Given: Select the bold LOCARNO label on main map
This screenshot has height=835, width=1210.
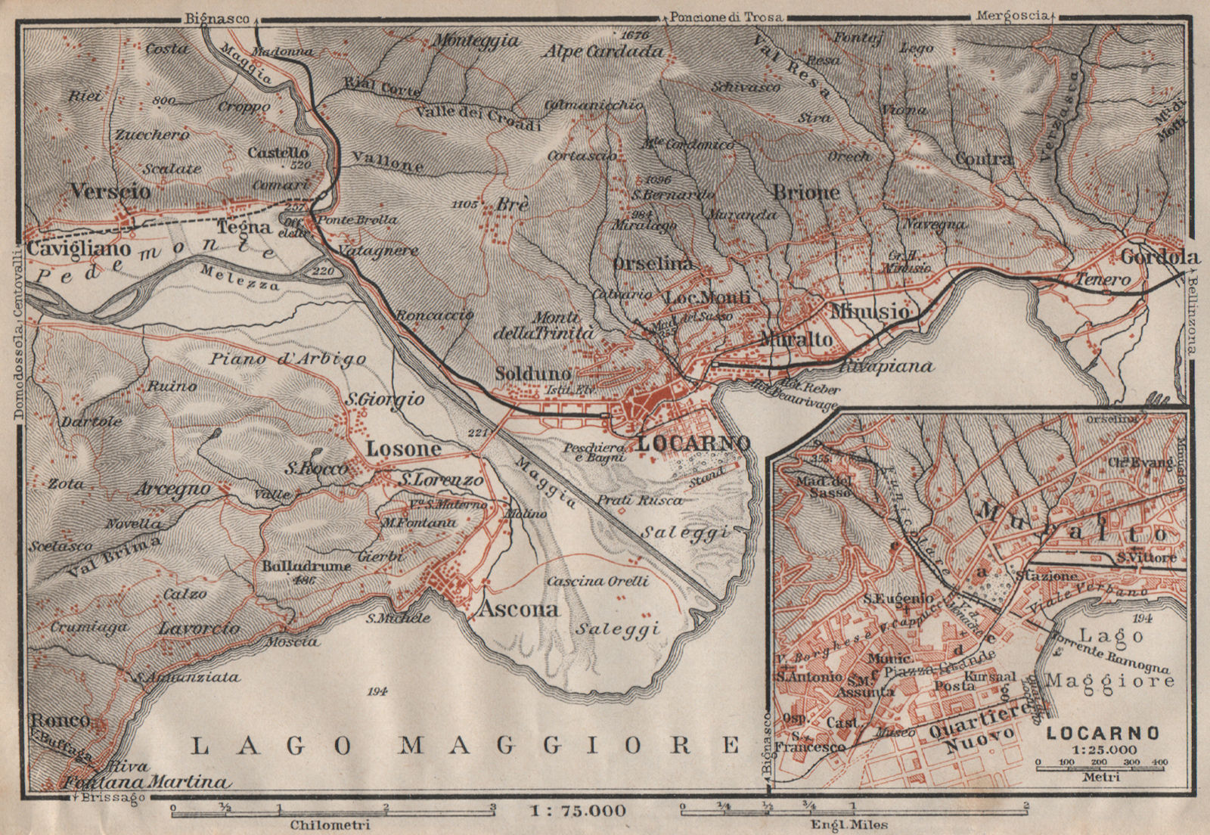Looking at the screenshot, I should pos(693,443).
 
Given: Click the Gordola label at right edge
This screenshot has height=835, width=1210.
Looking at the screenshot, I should pos(1159,257).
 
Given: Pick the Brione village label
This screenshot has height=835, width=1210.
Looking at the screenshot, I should pos(806,193).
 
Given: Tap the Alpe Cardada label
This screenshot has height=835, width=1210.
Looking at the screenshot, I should pos(603,51).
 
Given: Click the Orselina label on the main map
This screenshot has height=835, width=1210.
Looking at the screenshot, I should pos(653,263).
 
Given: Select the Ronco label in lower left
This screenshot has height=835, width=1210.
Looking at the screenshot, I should pos(60,720).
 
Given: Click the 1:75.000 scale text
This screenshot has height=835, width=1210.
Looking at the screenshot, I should pos(578,811).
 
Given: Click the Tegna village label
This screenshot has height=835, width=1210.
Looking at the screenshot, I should pos(244,227).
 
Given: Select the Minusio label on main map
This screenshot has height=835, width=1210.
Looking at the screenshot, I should pos(869,311).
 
